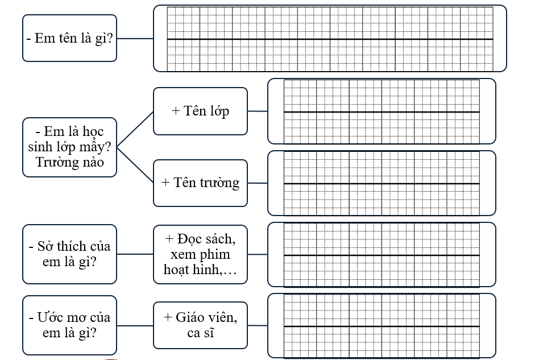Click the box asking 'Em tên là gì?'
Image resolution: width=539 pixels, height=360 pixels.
(69, 38)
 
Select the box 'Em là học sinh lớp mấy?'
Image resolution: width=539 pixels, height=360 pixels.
(69, 147)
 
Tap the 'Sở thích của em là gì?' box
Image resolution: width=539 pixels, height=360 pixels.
(69, 254)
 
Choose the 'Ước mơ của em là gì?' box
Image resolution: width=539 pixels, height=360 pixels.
(69, 325)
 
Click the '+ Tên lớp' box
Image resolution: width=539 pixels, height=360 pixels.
(200, 111)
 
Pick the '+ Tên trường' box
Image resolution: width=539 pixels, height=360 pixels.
(200, 183)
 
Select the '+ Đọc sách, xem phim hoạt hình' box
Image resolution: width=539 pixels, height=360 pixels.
(200, 254)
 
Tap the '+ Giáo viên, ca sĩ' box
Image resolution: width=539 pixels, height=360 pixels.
(200, 325)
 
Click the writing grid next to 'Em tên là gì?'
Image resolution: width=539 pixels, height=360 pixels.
(330, 39)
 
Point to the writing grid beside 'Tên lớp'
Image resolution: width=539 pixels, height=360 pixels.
(382, 111)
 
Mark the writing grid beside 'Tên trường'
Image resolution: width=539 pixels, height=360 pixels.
(382, 183)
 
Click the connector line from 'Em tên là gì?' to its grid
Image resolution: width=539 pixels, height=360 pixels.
(135, 39)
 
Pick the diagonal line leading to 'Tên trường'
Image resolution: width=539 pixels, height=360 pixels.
(135, 165)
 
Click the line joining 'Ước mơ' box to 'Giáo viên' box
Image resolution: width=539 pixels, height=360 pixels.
(135, 326)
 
